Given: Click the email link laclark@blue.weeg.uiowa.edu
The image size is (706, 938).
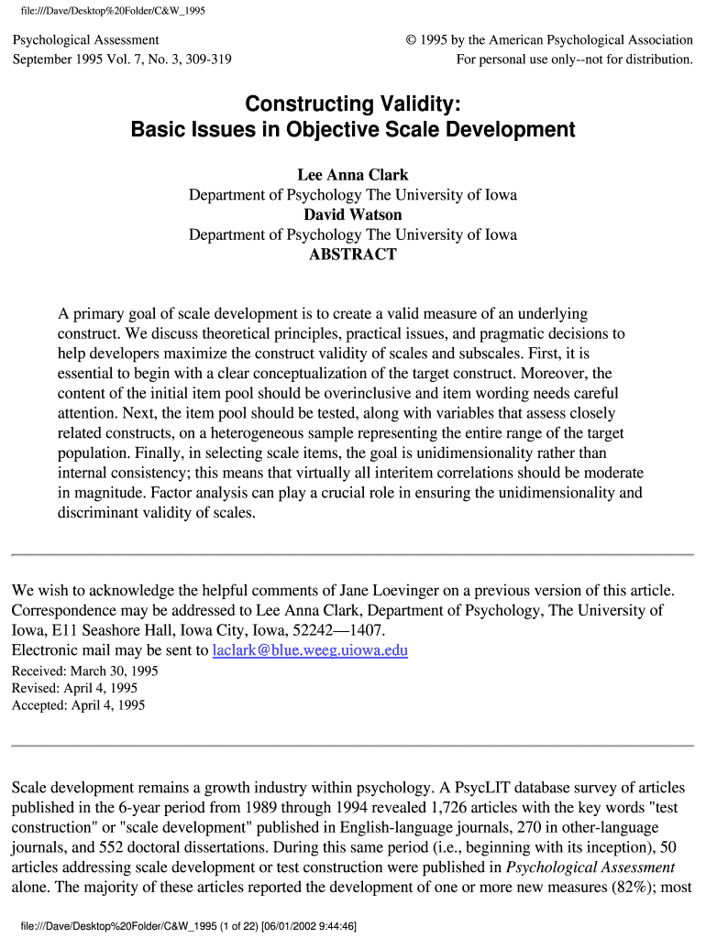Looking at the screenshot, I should (310, 650).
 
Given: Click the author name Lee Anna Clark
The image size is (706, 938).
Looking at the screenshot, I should (353, 175).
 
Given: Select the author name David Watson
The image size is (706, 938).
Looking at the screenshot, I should (353, 215).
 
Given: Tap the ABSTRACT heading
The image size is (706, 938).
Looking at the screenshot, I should (353, 255).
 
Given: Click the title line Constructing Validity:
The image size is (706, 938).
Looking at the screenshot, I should (353, 104).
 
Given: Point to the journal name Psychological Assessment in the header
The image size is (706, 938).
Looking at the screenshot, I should (85, 40).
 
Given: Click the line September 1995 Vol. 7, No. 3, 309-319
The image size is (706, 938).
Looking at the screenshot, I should (121, 60).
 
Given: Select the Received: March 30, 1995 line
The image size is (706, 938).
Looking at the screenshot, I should (84, 671).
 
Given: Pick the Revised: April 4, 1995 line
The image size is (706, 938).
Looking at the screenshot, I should (76, 688).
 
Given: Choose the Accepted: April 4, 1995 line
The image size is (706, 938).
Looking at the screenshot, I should (78, 705).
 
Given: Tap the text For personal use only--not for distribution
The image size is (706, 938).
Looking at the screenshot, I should (575, 60).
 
